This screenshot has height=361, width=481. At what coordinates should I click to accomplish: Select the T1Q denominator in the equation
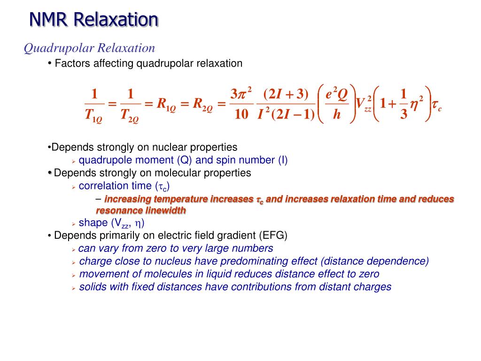pos(93,115)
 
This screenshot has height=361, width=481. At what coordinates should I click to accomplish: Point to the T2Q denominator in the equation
pos(130,115)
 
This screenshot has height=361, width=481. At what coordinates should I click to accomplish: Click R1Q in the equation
pos(166,104)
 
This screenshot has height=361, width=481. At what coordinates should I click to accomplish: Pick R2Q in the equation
pos(203,104)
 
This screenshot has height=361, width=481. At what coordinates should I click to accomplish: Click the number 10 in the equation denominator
pos(240,115)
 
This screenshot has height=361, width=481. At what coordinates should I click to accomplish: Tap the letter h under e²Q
pos(336,115)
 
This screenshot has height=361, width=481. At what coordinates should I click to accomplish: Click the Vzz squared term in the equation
pos(364,104)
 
